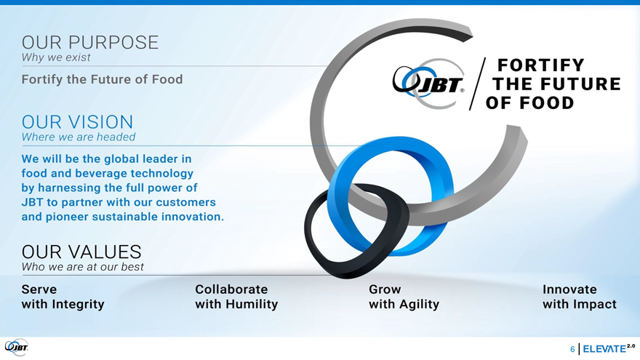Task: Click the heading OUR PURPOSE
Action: [x=89, y=42]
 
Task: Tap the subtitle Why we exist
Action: [x=56, y=57]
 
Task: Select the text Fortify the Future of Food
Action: [x=102, y=79]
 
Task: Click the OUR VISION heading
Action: [x=77, y=122]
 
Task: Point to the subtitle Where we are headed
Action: [x=79, y=137]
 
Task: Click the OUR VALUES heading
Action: [x=81, y=252]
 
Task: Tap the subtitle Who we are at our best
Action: [x=82, y=267]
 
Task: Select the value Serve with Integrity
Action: [x=63, y=297]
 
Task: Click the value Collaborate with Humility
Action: [x=236, y=297]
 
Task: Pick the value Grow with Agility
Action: [x=404, y=297]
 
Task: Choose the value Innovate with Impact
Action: [x=579, y=297]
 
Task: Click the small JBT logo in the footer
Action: [x=16, y=348]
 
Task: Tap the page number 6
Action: [x=572, y=349]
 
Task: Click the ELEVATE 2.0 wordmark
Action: [x=609, y=348]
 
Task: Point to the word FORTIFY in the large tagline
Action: [x=541, y=65]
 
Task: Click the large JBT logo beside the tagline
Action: [x=428, y=84]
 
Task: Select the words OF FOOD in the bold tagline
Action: [x=529, y=103]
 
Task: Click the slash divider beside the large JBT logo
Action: [x=478, y=84]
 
